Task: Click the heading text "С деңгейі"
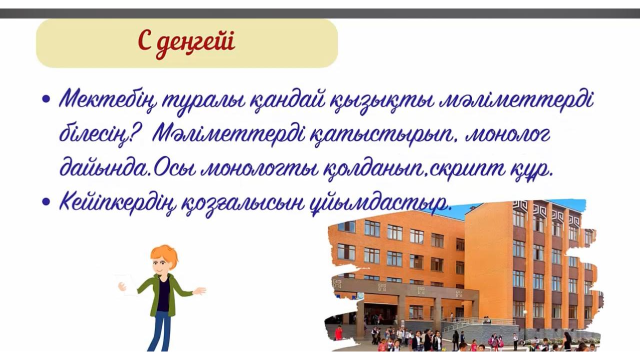[186, 42]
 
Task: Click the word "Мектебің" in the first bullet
[108, 100]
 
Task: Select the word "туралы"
[204, 100]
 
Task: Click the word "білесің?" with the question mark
[100, 134]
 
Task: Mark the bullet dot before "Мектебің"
[47, 99]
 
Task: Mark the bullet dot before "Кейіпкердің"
[47, 201]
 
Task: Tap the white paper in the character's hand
[128, 284]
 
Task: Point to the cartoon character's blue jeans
[160, 331]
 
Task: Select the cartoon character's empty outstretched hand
[200, 291]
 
